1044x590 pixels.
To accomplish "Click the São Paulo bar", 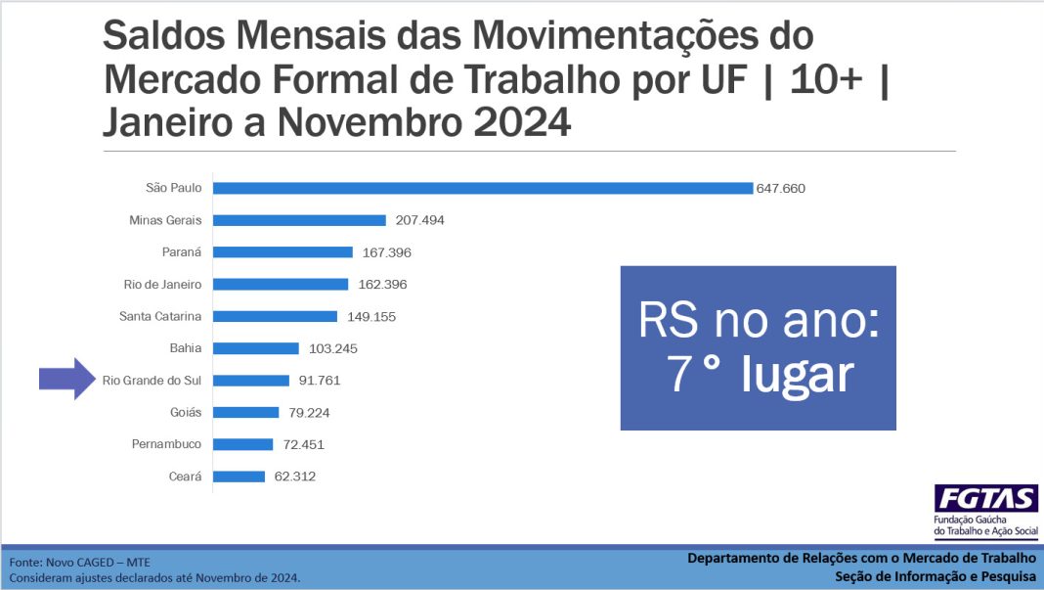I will tap(483, 188).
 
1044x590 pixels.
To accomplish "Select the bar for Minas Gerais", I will tap(299, 220).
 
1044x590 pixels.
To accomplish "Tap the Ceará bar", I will tap(239, 477).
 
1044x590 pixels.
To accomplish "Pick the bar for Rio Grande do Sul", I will tap(251, 381).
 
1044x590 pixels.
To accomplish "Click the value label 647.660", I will tap(780, 188).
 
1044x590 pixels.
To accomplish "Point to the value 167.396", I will tap(386, 252).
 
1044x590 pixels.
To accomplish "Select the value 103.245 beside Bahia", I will tap(332, 348).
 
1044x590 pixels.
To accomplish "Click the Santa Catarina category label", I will tap(160, 316).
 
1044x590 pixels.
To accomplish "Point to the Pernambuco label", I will tap(166, 444).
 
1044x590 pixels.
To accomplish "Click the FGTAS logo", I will tap(985, 498).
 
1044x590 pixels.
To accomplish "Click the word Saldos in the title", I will tap(164, 36).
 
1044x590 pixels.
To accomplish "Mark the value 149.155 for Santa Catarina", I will tap(370, 317).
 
